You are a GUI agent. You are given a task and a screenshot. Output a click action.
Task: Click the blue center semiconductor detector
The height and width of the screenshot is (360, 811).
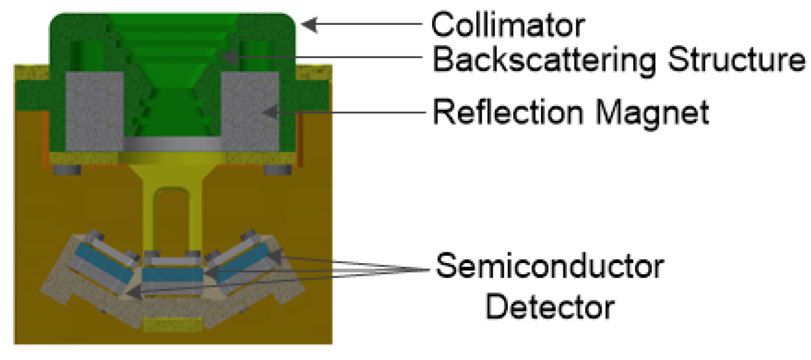173,275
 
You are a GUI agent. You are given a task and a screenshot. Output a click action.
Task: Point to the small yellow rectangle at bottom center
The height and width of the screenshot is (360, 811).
172,324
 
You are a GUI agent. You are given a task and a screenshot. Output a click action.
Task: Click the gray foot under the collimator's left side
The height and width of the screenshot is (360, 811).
68,170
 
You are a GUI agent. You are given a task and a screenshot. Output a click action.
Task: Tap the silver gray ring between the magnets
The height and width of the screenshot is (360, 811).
172,144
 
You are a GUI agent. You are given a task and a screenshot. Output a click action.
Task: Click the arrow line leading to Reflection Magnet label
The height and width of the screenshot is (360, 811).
350,112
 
